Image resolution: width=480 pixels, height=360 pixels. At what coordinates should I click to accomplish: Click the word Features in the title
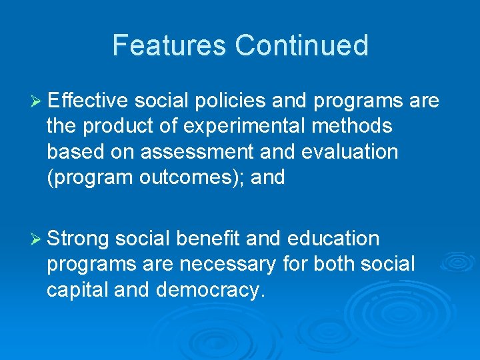[x=169, y=45]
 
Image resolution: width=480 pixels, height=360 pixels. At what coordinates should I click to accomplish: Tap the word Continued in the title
[x=301, y=45]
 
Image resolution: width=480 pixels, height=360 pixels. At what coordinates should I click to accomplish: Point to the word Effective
[x=89, y=101]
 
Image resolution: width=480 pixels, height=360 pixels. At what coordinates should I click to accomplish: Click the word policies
[x=229, y=101]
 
